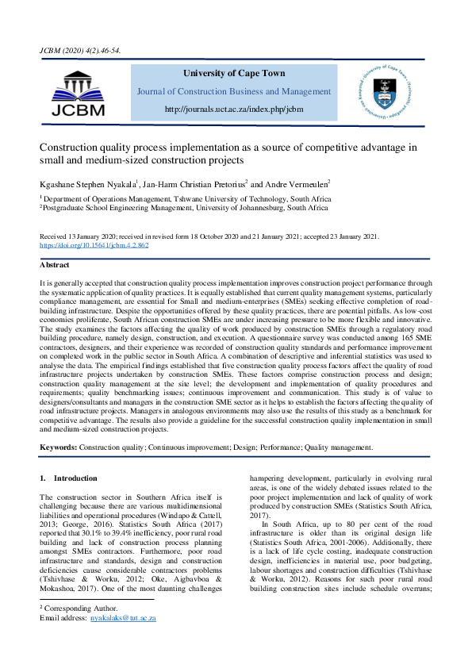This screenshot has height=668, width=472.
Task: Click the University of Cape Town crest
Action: [x=389, y=94]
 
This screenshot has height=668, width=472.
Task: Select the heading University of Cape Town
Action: [x=235, y=73]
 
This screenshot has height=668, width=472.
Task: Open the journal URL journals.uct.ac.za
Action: [x=235, y=109]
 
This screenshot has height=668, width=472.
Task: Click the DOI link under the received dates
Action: [x=94, y=245]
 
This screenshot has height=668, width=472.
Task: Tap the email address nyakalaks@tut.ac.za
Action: [x=122, y=616]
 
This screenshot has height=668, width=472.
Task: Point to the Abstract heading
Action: [x=56, y=265]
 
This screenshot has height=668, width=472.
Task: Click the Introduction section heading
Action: [x=75, y=478]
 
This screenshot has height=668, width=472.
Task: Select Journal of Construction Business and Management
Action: [x=235, y=91]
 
